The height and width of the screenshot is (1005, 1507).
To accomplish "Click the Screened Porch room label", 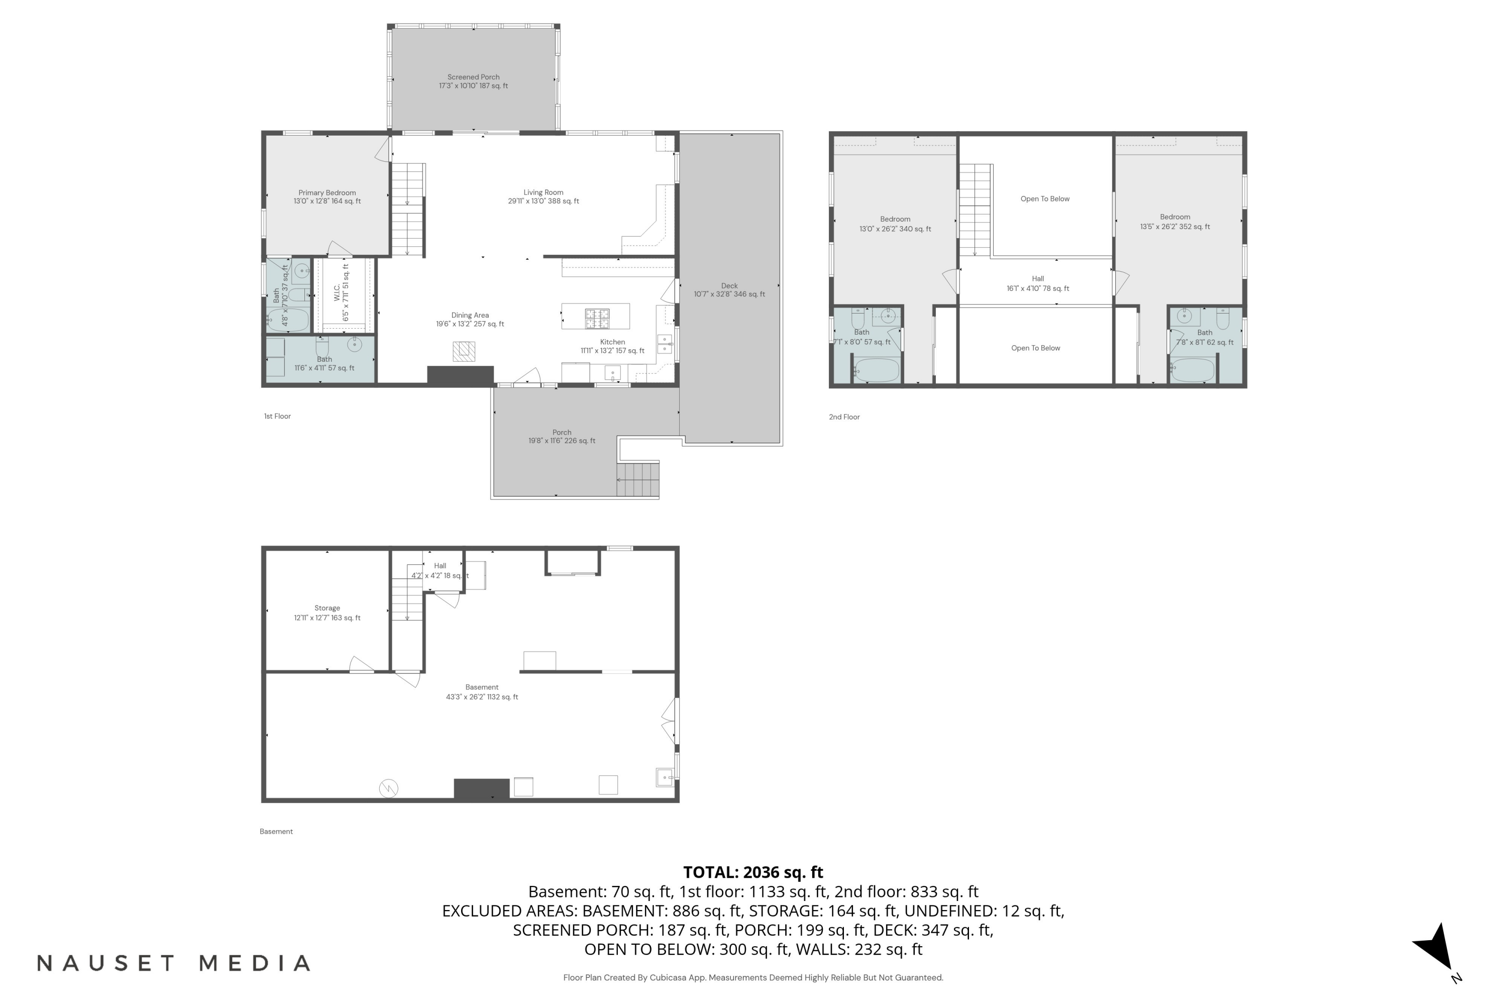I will (474, 81).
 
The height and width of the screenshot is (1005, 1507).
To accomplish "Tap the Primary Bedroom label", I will (327, 197).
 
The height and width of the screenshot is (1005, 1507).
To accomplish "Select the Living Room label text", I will (544, 197).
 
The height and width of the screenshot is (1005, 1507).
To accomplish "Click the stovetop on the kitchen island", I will (597, 316).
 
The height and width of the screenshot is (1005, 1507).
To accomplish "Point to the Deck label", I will (729, 290).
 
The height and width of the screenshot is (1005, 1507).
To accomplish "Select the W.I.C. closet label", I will (342, 293).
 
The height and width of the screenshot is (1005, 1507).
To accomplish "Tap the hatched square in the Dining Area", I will (464, 351).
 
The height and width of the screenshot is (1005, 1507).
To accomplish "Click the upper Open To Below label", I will (1045, 198).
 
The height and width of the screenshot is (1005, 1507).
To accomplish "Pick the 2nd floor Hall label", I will (1038, 283).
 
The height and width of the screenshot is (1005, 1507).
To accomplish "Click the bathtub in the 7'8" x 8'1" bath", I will (1193, 370).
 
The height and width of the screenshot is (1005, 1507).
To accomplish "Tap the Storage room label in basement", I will (327, 613).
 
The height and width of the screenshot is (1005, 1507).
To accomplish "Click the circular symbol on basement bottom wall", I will (389, 788).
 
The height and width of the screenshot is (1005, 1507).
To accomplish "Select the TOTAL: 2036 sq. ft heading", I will (753, 872).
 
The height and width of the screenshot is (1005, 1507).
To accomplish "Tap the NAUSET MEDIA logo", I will (174, 963).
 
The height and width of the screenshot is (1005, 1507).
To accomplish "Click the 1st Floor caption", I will (277, 417).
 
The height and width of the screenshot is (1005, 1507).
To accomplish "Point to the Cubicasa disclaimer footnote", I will (753, 978).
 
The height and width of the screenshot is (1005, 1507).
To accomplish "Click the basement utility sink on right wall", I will (665, 777).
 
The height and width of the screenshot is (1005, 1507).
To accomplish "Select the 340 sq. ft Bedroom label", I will (895, 224).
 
